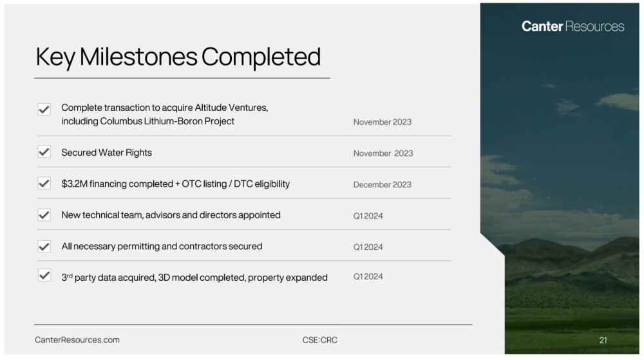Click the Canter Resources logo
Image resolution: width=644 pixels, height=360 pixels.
pyautogui.click(x=573, y=26)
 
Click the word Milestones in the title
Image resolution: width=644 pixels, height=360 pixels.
pyautogui.click(x=138, y=57)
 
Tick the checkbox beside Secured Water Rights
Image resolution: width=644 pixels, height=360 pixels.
pyautogui.click(x=44, y=152)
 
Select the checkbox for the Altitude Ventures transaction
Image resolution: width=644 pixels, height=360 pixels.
pyautogui.click(x=44, y=109)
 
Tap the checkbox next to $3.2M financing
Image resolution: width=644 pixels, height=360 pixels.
pyautogui.click(x=44, y=183)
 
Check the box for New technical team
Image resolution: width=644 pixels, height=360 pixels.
pyautogui.click(x=44, y=214)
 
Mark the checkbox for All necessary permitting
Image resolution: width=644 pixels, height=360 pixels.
pyautogui.click(x=44, y=246)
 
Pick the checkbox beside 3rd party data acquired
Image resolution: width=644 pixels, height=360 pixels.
pyautogui.click(x=44, y=275)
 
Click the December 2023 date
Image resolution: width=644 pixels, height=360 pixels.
pyautogui.click(x=382, y=185)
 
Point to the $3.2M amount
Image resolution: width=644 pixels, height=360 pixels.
pyautogui.click(x=74, y=184)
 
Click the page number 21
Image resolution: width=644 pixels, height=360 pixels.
pyautogui.click(x=603, y=340)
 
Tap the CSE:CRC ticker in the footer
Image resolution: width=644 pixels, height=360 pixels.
pyautogui.click(x=320, y=340)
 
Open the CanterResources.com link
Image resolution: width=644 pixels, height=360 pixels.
pyautogui.click(x=77, y=340)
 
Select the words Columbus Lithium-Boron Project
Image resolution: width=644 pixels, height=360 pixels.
pyautogui.click(x=167, y=121)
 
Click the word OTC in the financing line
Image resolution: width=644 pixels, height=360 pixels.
pyautogui.click(x=191, y=184)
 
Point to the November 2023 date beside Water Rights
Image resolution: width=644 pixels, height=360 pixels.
pyautogui.click(x=383, y=153)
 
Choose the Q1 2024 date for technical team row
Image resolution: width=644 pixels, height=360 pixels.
pyautogui.click(x=368, y=216)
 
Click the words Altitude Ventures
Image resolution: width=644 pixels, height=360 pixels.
pyautogui.click(x=231, y=108)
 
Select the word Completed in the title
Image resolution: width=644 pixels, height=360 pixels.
pyautogui.click(x=261, y=57)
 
